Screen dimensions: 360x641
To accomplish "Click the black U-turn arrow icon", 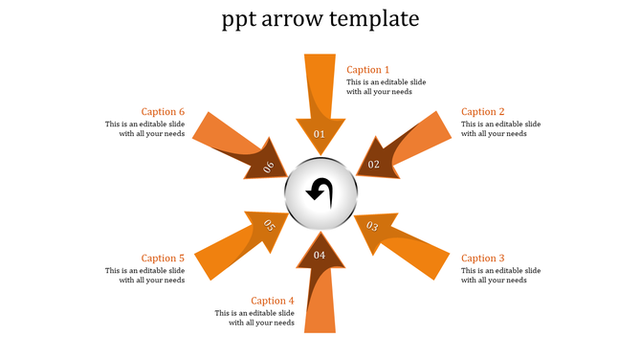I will click(x=320, y=191).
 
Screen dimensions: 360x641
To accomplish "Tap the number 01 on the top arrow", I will click(x=320, y=134).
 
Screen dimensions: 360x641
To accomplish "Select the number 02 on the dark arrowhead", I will click(x=374, y=165).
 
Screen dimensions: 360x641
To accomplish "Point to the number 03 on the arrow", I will click(x=372, y=227).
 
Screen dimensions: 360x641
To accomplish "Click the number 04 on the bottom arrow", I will click(x=320, y=255).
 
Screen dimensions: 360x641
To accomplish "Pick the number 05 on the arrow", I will click(x=269, y=226).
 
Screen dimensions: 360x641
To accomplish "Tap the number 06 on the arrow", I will click(x=269, y=167).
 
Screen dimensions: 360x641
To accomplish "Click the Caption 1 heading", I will click(x=367, y=70).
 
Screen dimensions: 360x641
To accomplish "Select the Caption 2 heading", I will click(x=482, y=112).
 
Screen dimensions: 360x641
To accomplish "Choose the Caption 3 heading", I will click(x=482, y=259).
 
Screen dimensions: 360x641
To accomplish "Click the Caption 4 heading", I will click(x=273, y=301).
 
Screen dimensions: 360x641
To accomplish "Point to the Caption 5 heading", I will click(x=163, y=259).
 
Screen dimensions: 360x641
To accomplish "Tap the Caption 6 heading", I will click(x=163, y=112).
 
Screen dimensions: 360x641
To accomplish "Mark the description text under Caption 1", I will click(x=386, y=87).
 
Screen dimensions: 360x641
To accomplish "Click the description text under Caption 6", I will click(x=144, y=129).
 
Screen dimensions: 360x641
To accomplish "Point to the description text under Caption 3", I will click(x=500, y=276).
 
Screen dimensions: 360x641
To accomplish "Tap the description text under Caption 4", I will click(x=254, y=318).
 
